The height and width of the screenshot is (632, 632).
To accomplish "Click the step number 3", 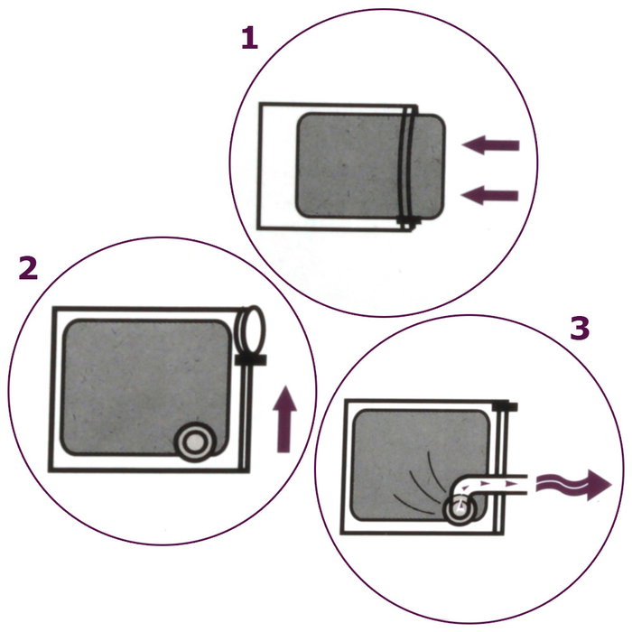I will pyautogui.click(x=580, y=330).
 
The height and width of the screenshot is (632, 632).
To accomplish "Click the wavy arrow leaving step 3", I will pyautogui.click(x=572, y=485).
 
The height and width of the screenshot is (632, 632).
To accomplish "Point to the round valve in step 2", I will pyautogui.click(x=193, y=442).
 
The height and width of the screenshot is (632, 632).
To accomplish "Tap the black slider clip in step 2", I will pyautogui.click(x=249, y=360).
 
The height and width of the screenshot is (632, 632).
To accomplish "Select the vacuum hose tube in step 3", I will pyautogui.click(x=497, y=486).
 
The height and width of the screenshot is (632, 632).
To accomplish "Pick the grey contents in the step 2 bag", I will pyautogui.click(x=135, y=379).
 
